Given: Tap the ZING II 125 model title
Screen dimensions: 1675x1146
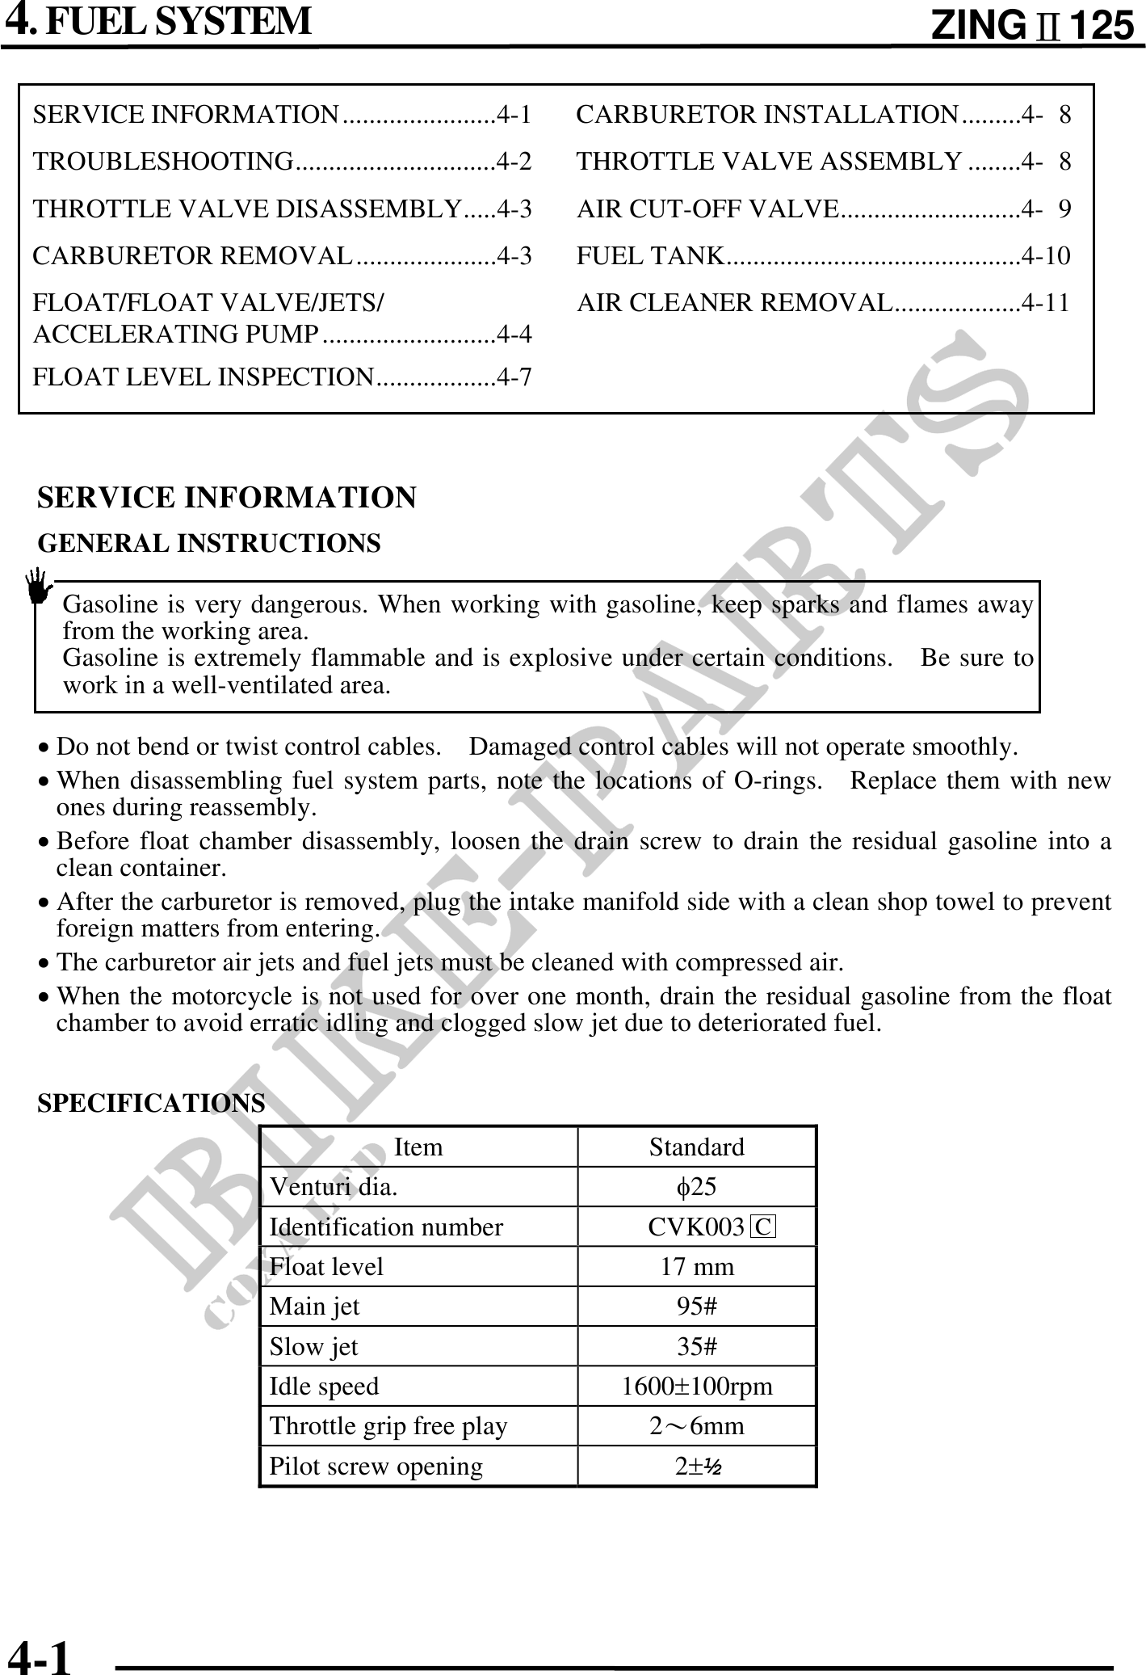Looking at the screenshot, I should tap(1032, 27).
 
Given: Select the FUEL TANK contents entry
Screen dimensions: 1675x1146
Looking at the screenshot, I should tap(823, 257).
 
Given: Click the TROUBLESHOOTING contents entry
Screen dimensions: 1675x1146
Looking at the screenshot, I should tap(282, 162).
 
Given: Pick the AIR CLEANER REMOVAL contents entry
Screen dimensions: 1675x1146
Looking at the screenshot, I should tap(823, 303).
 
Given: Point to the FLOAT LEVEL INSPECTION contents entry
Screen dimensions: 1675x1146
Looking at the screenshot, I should tap(282, 377).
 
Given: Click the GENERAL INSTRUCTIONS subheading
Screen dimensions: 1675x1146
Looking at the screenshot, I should tap(209, 544).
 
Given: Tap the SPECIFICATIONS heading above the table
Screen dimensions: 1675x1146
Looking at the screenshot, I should tap(152, 1103).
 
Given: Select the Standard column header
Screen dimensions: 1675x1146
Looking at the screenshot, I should tap(697, 1147).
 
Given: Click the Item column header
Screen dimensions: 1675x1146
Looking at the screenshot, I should tap(418, 1147).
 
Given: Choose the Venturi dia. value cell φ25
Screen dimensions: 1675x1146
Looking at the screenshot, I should tap(696, 1187).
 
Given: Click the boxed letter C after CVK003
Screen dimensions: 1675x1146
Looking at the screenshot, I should tap(762, 1227).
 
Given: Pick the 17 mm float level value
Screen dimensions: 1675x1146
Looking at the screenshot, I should tap(697, 1267).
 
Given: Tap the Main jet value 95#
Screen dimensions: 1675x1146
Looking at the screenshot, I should tap(697, 1307).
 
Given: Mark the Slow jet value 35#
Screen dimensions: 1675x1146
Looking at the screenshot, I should tap(697, 1347).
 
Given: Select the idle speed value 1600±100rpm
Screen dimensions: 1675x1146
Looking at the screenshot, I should tap(697, 1387).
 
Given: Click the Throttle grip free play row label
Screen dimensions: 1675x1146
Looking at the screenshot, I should tap(388, 1426).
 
